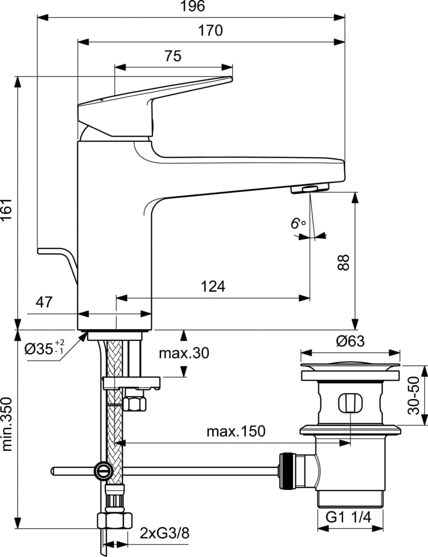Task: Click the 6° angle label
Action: point(297,224)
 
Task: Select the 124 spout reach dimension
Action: point(212,286)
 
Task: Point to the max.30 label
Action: point(183,353)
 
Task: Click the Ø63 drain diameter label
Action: point(350,342)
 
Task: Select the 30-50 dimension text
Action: point(415,395)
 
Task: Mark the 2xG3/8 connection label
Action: point(164,533)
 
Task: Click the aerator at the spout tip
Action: point(310,189)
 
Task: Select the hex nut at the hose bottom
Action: point(114,521)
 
